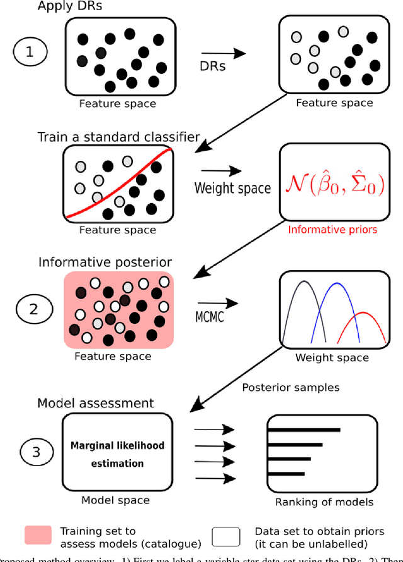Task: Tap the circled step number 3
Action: (38, 452)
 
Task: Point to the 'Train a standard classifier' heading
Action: (119, 137)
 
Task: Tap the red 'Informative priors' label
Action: (332, 230)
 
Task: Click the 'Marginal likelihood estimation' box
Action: (117, 454)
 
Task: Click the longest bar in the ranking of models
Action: (304, 431)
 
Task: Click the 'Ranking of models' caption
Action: (324, 503)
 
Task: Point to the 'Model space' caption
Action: (116, 500)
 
